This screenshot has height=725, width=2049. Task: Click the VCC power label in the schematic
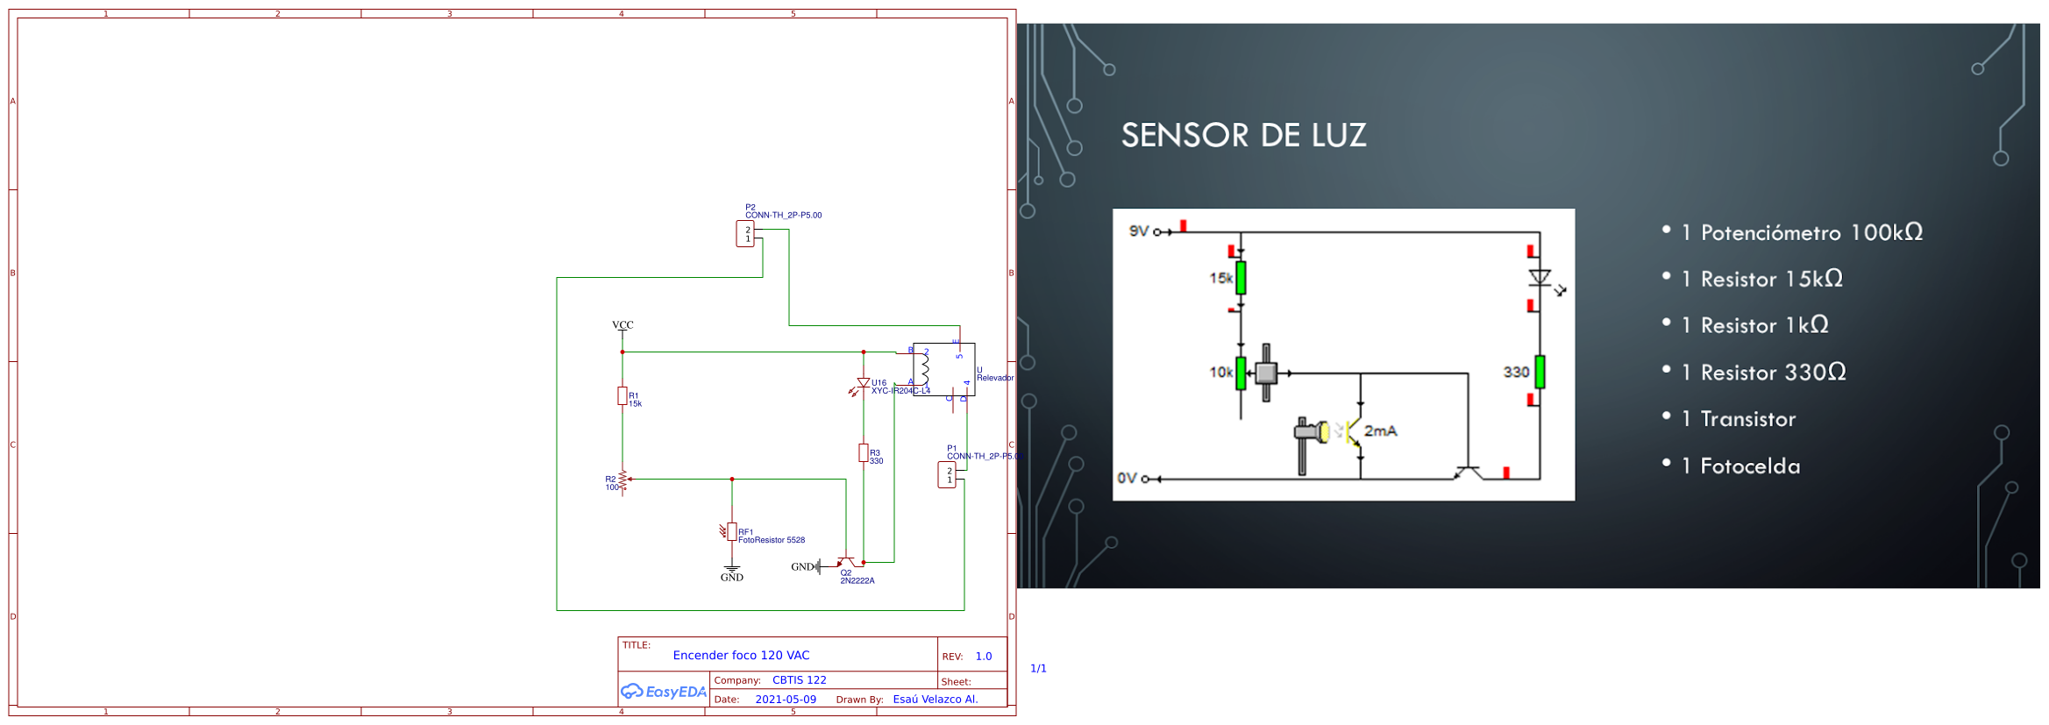pyautogui.click(x=623, y=325)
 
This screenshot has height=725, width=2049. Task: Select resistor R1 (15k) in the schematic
pyautogui.click(x=623, y=396)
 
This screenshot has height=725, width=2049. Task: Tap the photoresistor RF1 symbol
pyautogui.click(x=731, y=532)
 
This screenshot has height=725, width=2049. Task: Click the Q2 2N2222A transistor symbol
pyautogui.click(x=846, y=563)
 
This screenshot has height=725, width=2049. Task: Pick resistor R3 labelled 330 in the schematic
pyautogui.click(x=864, y=453)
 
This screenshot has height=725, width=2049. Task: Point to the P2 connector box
pyautogui.click(x=745, y=234)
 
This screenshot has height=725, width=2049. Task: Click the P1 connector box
pyautogui.click(x=947, y=475)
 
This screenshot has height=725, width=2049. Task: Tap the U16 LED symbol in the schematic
pyautogui.click(x=863, y=384)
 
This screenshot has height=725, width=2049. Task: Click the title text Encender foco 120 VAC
pyautogui.click(x=741, y=656)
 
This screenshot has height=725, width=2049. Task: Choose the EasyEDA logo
pyautogui.click(x=664, y=692)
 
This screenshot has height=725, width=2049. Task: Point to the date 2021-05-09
pyautogui.click(x=785, y=700)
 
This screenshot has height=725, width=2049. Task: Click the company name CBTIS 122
pyautogui.click(x=799, y=680)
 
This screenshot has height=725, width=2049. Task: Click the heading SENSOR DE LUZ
pyautogui.click(x=1243, y=136)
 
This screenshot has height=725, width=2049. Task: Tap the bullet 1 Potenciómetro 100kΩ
pyautogui.click(x=1802, y=233)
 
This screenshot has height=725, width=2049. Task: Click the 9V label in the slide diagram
pyautogui.click(x=1138, y=231)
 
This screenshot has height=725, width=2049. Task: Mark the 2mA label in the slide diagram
pyautogui.click(x=1380, y=431)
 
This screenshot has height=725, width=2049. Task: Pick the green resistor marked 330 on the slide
pyautogui.click(x=1540, y=373)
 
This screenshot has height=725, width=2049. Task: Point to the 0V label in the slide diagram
pyautogui.click(x=1127, y=479)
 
